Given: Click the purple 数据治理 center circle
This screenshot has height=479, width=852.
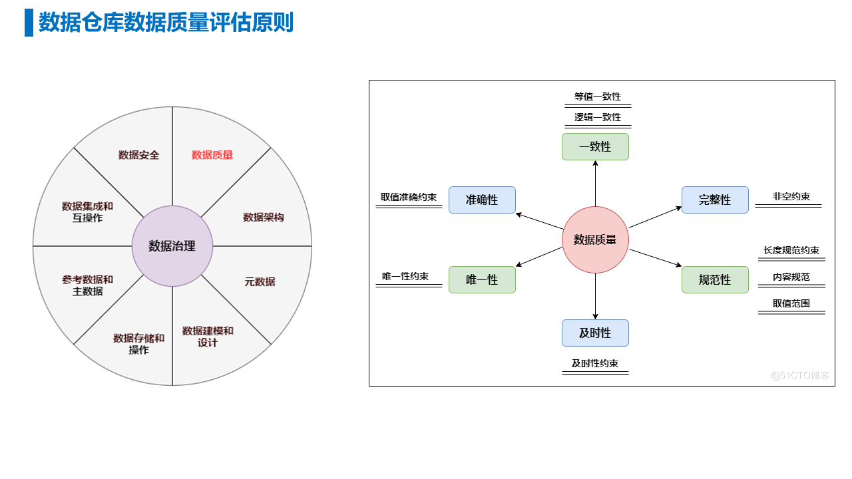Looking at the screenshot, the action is click(x=172, y=246).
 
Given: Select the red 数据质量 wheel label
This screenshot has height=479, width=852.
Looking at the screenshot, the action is click(x=212, y=155).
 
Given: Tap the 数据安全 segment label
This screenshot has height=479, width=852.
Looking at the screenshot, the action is click(x=139, y=155).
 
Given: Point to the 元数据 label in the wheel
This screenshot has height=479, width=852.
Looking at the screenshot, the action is click(x=260, y=281).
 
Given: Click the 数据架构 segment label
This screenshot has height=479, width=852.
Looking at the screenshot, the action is click(x=264, y=217).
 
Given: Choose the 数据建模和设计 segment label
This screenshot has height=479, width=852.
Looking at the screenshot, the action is click(x=208, y=337).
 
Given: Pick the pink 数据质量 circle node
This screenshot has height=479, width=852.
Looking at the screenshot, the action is click(x=595, y=239).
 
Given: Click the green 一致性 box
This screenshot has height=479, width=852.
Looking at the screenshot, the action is click(x=595, y=147).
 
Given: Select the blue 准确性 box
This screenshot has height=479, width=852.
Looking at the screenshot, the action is click(x=482, y=200).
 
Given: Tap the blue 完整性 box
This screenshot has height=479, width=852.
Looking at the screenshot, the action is click(x=715, y=200).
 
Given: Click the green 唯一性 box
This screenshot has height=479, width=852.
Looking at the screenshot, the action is click(x=482, y=280).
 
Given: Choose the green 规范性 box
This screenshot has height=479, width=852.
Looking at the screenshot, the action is click(x=715, y=280).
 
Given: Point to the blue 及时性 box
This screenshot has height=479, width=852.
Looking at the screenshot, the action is click(x=595, y=333).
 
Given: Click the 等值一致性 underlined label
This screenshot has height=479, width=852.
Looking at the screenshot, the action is click(x=598, y=96).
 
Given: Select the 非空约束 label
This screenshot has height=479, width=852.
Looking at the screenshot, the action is click(x=791, y=196).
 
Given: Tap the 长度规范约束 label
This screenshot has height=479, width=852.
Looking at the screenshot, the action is click(x=791, y=250).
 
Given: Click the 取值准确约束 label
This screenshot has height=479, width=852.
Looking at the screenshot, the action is click(x=409, y=197).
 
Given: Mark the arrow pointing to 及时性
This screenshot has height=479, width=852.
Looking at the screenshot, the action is click(x=595, y=296).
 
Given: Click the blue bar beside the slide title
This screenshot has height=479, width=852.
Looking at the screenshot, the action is click(x=29, y=23).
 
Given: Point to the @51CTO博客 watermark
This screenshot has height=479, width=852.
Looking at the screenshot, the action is click(x=800, y=376).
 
